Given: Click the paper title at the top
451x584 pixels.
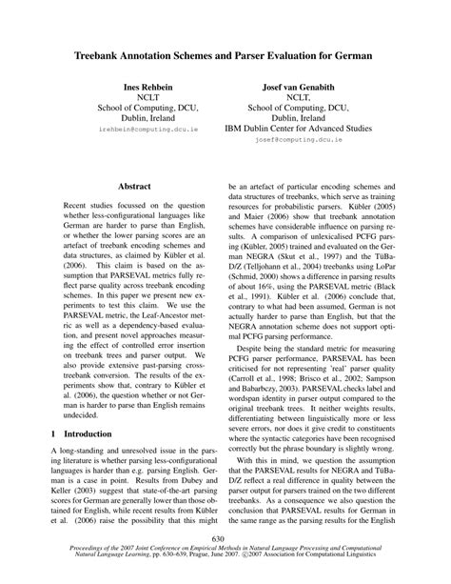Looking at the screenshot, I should click(225, 57).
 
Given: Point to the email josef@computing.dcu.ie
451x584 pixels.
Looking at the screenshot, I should click(303, 138).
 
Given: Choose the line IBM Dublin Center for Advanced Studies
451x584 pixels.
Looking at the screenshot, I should click(303, 124).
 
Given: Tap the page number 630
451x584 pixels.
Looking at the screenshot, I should click(225, 539).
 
